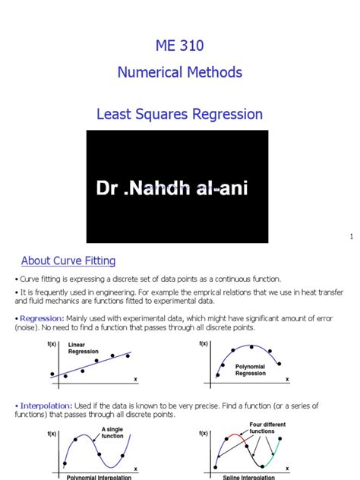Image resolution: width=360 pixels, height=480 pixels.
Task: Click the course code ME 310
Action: pos(180,46)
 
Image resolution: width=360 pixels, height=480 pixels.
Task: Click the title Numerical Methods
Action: pos(180,73)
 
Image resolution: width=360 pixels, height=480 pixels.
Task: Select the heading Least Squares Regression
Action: pos(180,115)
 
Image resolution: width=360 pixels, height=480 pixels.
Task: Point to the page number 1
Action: pos(352,237)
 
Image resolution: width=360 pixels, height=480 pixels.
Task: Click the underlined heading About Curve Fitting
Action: pos(68,261)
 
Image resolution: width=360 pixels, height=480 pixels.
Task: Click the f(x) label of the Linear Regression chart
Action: pos(50,344)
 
